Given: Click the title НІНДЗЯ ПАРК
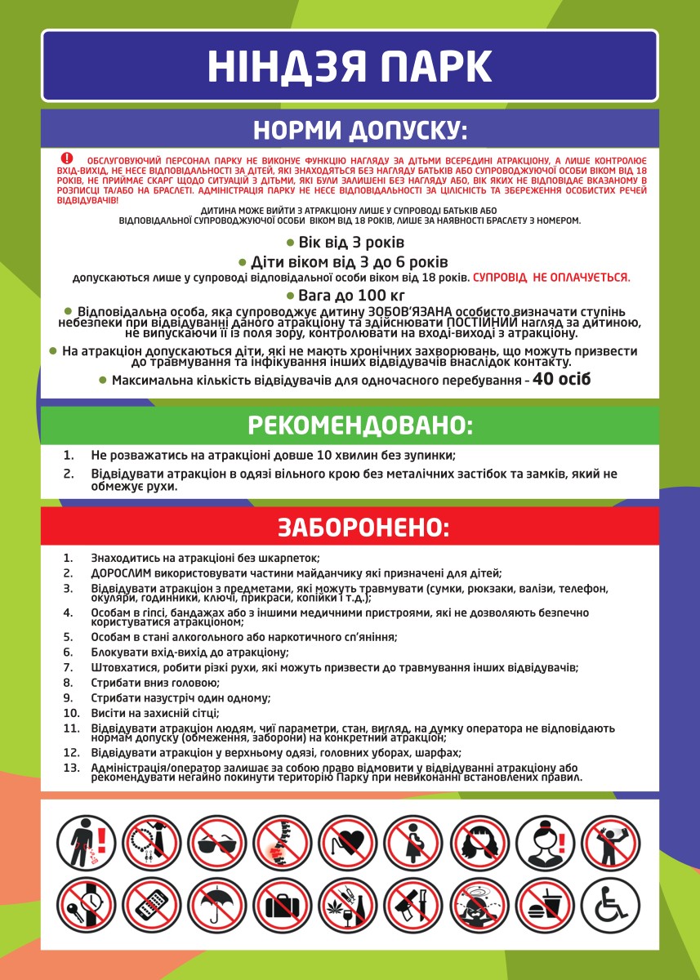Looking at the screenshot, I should pos(350,65).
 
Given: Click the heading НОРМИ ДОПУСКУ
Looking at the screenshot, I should pos(350,131).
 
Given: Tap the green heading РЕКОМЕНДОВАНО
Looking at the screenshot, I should pos(350,425).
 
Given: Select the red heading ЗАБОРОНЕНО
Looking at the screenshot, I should pos(350,527).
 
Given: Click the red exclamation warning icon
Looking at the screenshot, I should pos(67,158).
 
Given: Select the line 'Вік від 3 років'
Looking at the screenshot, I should pos(351,243).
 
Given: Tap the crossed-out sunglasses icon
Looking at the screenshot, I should pos(217,844).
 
